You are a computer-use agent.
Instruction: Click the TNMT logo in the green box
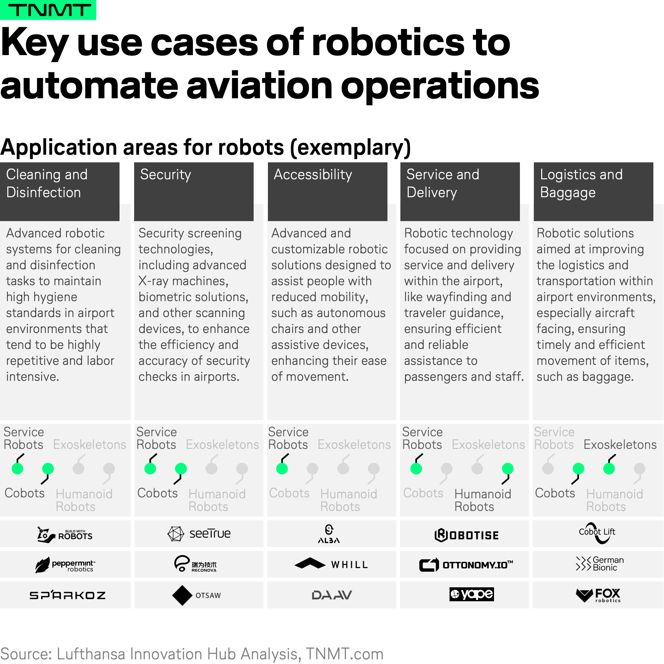pyautogui.click(x=48, y=10)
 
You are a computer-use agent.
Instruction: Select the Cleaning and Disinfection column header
pyautogui.click(x=60, y=192)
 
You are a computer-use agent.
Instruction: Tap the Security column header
pyautogui.click(x=194, y=192)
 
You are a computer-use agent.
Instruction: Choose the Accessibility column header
pyautogui.click(x=328, y=192)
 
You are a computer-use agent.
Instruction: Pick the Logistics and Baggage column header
pyautogui.click(x=594, y=192)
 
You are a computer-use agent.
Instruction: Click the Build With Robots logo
pyautogui.click(x=65, y=535)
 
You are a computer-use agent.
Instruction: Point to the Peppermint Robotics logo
pyautogui.click(x=65, y=565)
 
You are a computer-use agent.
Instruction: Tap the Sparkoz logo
pyautogui.click(x=67, y=595)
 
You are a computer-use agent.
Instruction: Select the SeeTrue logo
pyautogui.click(x=199, y=534)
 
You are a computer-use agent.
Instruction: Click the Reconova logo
pyautogui.click(x=195, y=564)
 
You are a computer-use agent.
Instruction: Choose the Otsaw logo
pyautogui.click(x=197, y=595)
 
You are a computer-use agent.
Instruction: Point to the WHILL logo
pyautogui.click(x=331, y=564)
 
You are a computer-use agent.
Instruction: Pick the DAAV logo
pyautogui.click(x=332, y=595)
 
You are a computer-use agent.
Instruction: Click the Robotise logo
pyautogui.click(x=466, y=535)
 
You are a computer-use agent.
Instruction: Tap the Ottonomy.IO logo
pyautogui.click(x=466, y=565)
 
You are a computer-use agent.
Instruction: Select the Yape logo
pyautogui.click(x=471, y=594)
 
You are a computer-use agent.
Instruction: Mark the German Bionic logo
pyautogui.click(x=599, y=564)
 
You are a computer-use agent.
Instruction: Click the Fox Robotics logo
pyautogui.click(x=598, y=595)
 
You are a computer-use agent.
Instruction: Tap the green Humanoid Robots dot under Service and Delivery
pyautogui.click(x=508, y=468)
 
